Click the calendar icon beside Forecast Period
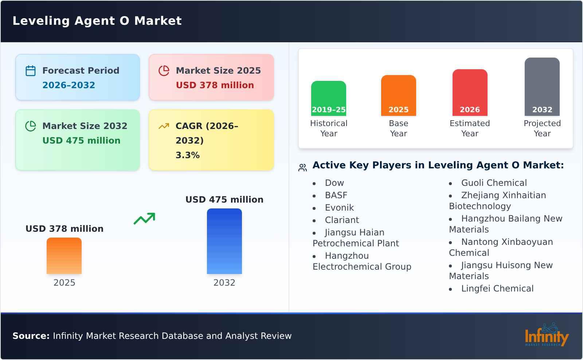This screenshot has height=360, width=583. [x=31, y=71]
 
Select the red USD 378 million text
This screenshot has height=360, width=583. [x=215, y=85]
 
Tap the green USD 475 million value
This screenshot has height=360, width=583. [x=81, y=141]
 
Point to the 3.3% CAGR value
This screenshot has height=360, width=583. [x=187, y=155]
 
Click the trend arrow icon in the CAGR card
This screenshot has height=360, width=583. [x=164, y=126]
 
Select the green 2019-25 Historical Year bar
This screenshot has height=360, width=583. [x=328, y=98]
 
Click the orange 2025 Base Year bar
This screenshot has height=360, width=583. [x=398, y=95]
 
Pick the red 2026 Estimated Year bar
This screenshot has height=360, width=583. [x=470, y=93]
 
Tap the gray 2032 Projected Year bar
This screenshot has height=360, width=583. [x=542, y=87]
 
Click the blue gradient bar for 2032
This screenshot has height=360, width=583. [x=224, y=241]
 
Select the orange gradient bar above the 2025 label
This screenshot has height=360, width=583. [x=64, y=256]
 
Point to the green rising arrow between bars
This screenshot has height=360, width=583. [x=144, y=219]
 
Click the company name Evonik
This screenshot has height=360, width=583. [x=339, y=208]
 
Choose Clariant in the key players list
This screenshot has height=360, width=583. [x=342, y=220]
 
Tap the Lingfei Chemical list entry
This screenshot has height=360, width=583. [x=497, y=289]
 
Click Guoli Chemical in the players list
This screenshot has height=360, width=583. [x=494, y=183]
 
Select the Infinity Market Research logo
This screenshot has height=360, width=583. [x=546, y=335]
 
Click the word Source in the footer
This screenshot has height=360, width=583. [x=31, y=336]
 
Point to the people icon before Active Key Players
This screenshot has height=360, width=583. [x=302, y=168]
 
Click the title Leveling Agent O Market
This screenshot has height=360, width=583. [x=97, y=21]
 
